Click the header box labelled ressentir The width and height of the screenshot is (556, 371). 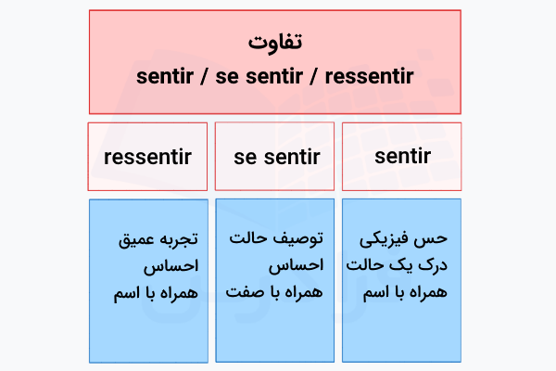(x=148, y=157)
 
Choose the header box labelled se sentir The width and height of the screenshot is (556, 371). (x=276, y=157)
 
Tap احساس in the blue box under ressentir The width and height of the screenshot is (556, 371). (x=171, y=266)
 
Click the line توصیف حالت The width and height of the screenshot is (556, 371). (x=278, y=239)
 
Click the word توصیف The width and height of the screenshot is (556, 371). (x=297, y=239)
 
